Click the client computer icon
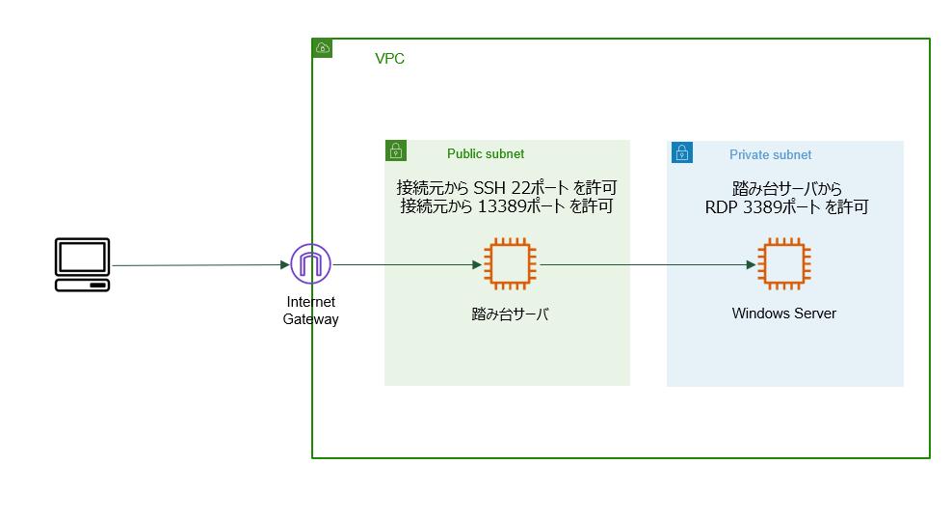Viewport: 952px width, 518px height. click(x=82, y=264)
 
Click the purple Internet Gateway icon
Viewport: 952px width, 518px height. click(x=310, y=263)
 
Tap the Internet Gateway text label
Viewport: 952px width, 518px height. click(x=310, y=311)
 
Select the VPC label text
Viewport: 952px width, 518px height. click(x=389, y=59)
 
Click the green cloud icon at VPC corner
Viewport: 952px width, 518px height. click(x=323, y=48)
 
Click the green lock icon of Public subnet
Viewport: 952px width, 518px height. click(x=395, y=150)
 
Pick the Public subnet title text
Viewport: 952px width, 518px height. click(x=486, y=154)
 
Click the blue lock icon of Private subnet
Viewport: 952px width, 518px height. click(x=681, y=151)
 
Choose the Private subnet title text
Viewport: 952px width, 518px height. click(x=770, y=154)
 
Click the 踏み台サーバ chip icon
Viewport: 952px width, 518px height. click(x=507, y=263)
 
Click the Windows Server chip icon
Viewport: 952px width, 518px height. click(x=783, y=263)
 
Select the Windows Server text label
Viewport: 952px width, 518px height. click(x=783, y=314)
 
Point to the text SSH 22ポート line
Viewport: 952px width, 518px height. click(x=506, y=187)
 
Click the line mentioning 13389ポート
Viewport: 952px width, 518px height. click(x=506, y=205)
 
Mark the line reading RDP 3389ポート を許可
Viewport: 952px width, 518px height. click(x=786, y=205)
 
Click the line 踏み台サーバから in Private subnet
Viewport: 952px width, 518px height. click(x=786, y=188)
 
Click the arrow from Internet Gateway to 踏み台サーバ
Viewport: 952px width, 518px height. click(x=405, y=263)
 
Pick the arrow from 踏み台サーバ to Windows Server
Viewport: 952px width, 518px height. click(x=646, y=263)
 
